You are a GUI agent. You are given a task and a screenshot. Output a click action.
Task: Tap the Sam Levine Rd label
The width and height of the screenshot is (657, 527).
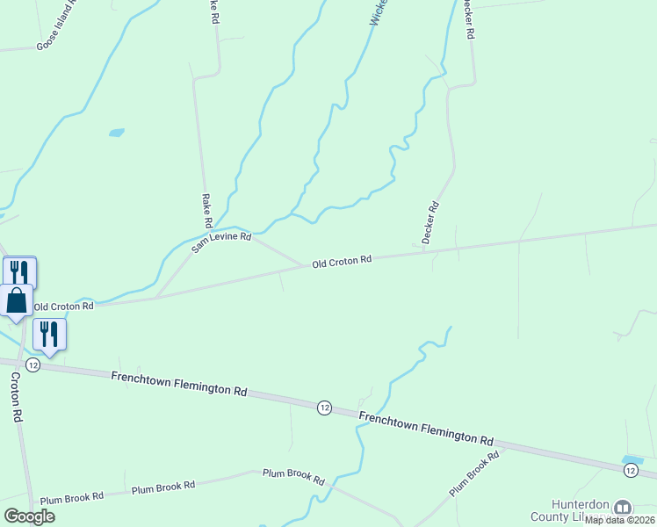(221, 242)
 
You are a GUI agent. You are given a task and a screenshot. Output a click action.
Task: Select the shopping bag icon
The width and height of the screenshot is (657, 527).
(17, 300)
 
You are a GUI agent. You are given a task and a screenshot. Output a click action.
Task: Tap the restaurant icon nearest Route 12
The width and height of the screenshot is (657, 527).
(49, 334)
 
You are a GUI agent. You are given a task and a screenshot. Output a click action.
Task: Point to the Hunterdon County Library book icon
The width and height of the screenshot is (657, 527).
(623, 508)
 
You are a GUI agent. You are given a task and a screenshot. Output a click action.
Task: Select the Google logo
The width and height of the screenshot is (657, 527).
(30, 516)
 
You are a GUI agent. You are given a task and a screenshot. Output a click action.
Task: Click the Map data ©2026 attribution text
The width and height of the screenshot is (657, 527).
(620, 520)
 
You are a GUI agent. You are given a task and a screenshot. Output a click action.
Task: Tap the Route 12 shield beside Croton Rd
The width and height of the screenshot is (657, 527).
(32, 365)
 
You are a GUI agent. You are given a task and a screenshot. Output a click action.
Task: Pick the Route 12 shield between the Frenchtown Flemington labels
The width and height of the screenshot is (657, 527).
(324, 408)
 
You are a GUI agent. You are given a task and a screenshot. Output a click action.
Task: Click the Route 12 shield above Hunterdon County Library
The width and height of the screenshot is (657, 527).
(631, 472)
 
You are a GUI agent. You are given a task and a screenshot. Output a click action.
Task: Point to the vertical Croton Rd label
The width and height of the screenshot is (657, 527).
(16, 397)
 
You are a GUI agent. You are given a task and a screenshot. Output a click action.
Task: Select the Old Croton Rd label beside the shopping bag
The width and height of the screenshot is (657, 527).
(63, 307)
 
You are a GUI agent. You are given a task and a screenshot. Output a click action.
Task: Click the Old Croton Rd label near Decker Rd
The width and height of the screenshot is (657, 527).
(342, 261)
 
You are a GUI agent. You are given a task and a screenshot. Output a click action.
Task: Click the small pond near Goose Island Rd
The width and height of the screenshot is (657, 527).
(116, 134)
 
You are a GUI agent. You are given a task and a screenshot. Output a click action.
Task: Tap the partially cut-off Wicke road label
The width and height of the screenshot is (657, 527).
(376, 12)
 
